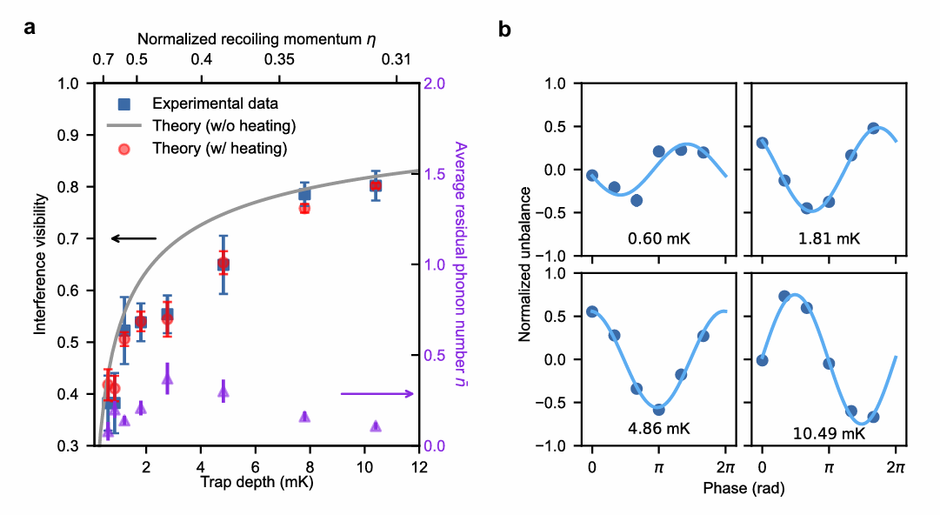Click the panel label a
coord(30,28)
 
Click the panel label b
coord(504,28)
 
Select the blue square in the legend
coord(124,104)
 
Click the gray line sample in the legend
coord(124,125)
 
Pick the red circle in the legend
coord(124,148)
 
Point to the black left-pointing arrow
coord(133,238)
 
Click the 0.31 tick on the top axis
coord(397,60)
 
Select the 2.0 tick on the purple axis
coord(434,84)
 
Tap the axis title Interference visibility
coord(40,264)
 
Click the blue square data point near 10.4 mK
coord(376,185)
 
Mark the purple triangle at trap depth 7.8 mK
coord(304,417)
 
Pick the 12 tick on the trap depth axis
coord(419,465)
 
